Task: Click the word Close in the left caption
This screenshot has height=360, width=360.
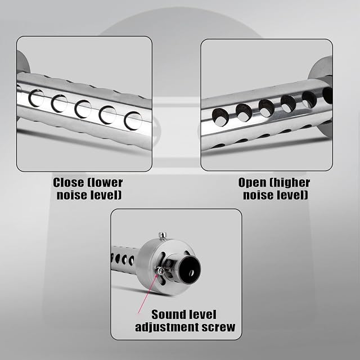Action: click(x=69, y=183)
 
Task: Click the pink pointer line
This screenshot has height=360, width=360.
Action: click(x=147, y=294)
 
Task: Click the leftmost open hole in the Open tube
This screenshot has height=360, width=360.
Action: click(x=220, y=116)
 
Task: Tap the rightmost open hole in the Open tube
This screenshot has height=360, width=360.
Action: click(x=327, y=96)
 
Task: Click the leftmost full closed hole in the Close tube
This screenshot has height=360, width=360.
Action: click(x=36, y=98)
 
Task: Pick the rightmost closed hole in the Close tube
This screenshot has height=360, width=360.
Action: click(x=133, y=120)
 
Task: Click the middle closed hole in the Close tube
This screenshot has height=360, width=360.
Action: click(x=83, y=109)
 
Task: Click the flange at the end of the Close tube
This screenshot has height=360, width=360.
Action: click(x=23, y=64)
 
